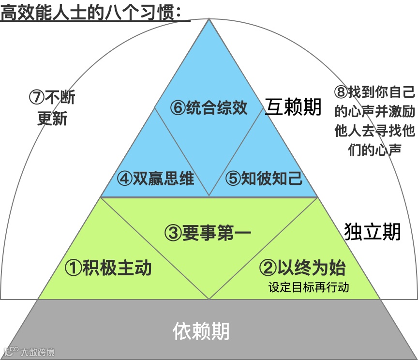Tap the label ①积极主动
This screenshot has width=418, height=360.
108,267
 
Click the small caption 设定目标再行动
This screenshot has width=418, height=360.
309,286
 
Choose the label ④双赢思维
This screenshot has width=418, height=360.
155,179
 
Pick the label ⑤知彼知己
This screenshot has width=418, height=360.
264,179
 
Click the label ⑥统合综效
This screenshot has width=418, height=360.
209,107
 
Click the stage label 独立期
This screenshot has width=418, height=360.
373,232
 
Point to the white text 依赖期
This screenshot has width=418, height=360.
201,332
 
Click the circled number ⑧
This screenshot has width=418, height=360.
340,91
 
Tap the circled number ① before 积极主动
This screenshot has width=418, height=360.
73,268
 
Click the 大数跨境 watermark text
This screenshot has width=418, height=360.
37,352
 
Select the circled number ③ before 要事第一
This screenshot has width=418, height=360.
173,234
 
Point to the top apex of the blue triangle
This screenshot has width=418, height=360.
209,19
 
